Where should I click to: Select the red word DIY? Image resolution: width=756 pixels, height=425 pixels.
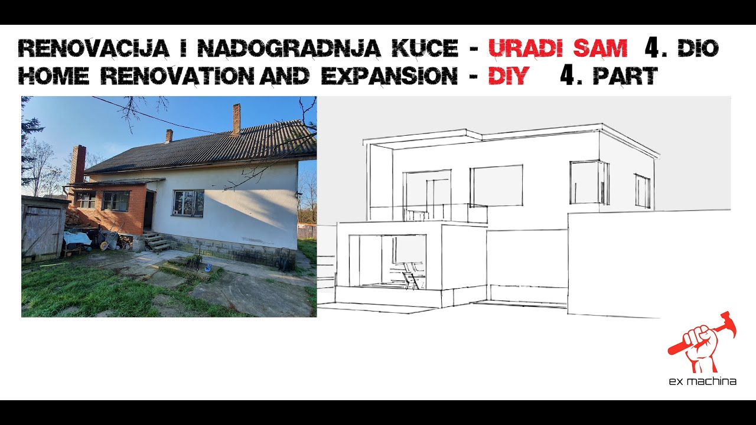coord(507,76)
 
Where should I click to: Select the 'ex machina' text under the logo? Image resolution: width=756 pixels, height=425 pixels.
coord(702,381)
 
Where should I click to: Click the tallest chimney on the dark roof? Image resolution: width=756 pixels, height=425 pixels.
coord(236,119)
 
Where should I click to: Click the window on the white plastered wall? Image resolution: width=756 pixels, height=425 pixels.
coord(188,202)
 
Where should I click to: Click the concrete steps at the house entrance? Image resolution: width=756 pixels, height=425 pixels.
coord(156,242)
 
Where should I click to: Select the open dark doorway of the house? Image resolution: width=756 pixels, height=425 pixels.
coord(148,211)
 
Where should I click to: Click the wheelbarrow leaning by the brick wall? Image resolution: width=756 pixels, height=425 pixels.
coord(109,239)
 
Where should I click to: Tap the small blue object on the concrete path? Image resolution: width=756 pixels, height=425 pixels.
coord(208,267)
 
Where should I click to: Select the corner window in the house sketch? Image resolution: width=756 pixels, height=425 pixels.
coord(589,182)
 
